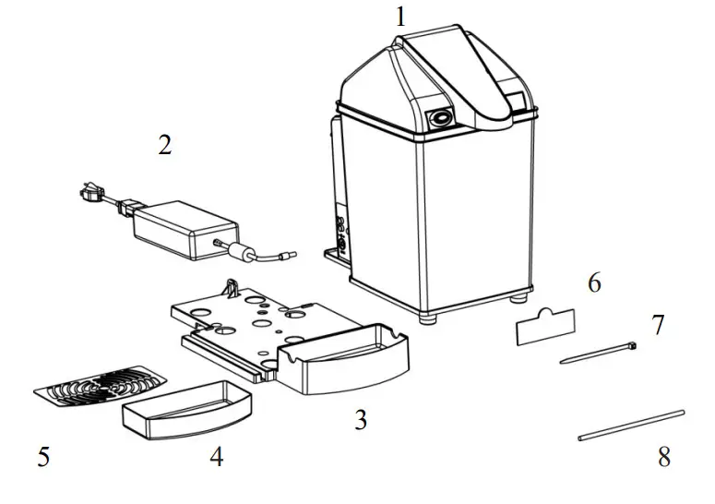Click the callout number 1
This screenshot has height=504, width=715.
pyautogui.click(x=400, y=17)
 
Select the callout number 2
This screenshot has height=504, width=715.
pyautogui.click(x=165, y=146)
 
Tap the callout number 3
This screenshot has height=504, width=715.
pyautogui.click(x=361, y=420)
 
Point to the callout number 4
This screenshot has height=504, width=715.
pyautogui.click(x=216, y=457)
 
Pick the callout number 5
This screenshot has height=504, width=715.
pyautogui.click(x=43, y=457)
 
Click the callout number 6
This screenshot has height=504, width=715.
pyautogui.click(x=594, y=283)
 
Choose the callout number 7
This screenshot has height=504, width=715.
pyautogui.click(x=658, y=325)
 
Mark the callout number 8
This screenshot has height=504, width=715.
pyautogui.click(x=664, y=457)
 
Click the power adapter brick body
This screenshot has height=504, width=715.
pyautogui.click(x=184, y=230)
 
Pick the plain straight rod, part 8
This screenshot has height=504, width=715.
pyautogui.click(x=631, y=426)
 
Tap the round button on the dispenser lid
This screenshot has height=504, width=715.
pyautogui.click(x=442, y=117)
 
